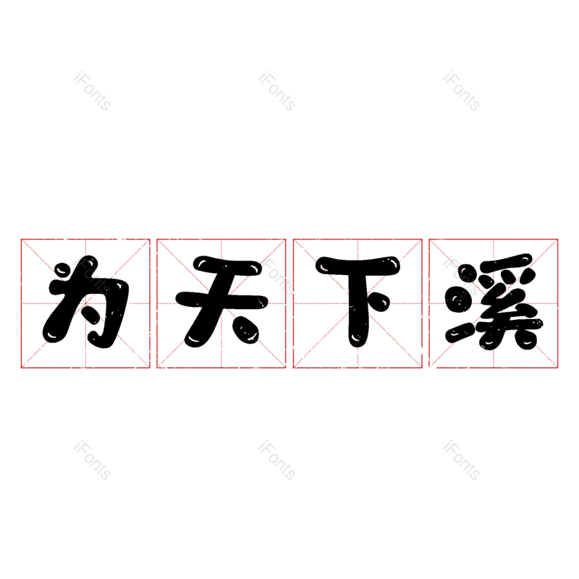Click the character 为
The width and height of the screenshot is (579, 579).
(85, 302)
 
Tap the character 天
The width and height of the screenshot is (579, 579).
(221, 302)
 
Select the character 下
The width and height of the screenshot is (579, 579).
(358, 301)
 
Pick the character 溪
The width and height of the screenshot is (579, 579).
(494, 302)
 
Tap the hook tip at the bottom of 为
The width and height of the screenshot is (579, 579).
(97, 339)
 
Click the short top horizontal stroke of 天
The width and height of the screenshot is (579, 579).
(227, 266)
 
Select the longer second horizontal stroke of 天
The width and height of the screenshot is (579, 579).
(221, 300)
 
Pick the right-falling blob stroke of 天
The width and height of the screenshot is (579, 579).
(246, 330)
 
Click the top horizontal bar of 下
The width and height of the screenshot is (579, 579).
(358, 266)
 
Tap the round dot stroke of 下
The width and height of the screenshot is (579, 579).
(379, 302)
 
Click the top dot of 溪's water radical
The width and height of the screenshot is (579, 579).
(466, 275)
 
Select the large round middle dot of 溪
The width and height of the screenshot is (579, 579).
(459, 299)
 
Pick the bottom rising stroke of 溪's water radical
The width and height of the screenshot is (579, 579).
(460, 332)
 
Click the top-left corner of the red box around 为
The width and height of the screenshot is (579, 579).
(21, 240)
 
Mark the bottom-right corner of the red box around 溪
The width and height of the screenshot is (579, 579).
(557, 368)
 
